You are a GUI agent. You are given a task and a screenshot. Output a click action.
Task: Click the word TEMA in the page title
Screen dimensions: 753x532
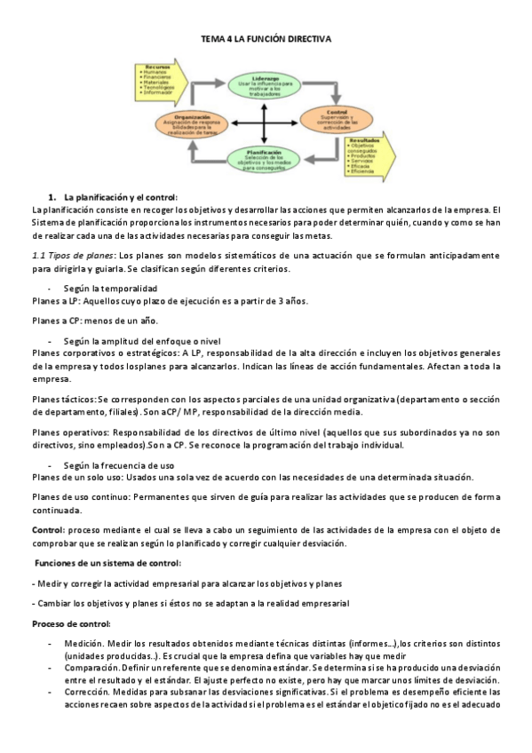pos(214,40)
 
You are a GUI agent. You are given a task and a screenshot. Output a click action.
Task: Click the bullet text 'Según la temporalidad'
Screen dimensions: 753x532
pos(110,289)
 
